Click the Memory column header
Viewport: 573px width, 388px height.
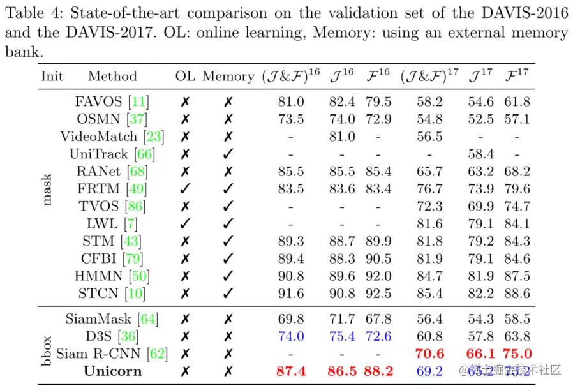tap(228, 77)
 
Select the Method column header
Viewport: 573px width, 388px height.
tap(112, 77)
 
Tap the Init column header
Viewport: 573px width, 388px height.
tap(52, 77)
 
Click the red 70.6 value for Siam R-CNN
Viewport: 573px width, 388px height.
tap(429, 354)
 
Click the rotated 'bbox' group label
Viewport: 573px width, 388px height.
tap(48, 345)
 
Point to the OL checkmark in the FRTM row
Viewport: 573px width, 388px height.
tap(185, 189)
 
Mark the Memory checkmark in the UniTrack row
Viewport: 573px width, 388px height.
tap(228, 154)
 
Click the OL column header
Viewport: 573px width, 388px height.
tap(185, 77)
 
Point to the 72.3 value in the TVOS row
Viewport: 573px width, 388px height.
tap(429, 206)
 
